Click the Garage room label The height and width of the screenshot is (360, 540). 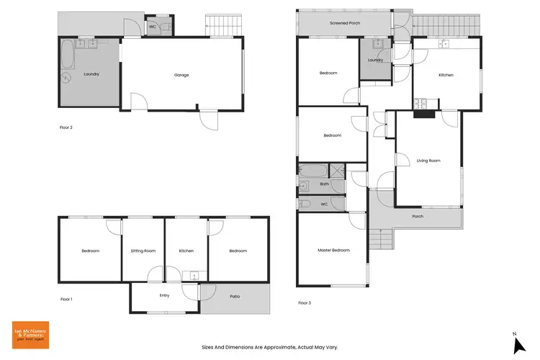click(181, 74)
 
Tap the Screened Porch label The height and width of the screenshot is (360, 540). click(344, 24)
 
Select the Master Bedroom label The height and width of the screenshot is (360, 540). click(333, 250)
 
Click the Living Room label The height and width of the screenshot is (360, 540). click(428, 161)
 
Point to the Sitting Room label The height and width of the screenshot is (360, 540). click(143, 251)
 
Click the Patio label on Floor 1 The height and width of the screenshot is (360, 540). click(235, 297)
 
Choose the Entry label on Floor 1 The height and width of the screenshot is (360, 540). click(164, 295)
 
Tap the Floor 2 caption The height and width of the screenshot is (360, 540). click(66, 127)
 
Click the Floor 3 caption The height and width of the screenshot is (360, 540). click(305, 303)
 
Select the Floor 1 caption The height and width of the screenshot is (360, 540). click(66, 299)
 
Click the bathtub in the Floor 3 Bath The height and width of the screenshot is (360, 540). click(313, 172)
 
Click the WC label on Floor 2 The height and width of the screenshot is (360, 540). click(153, 27)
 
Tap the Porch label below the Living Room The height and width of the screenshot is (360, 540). click(417, 216)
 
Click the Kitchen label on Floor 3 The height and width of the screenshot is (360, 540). click(446, 75)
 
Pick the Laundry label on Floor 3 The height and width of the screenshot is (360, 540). click(375, 60)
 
